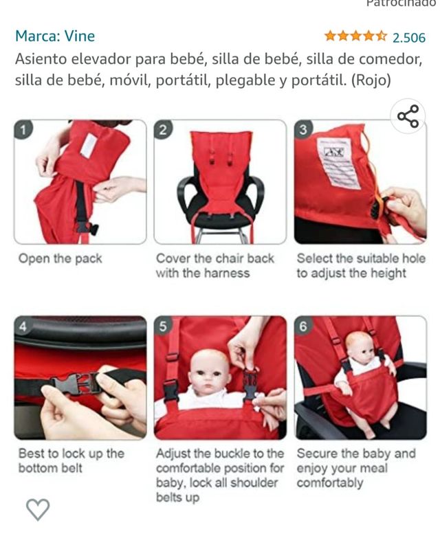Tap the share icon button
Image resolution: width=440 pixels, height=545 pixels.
(408, 116)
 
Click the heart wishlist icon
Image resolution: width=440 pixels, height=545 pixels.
(38, 509)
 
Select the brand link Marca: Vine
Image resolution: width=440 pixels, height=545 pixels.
(55, 36)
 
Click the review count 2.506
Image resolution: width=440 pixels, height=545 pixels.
(408, 38)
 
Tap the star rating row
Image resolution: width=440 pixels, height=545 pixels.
(355, 36)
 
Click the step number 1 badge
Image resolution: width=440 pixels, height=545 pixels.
(23, 130)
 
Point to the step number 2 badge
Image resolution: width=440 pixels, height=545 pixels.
(163, 130)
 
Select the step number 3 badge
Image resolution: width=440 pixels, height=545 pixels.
(303, 130)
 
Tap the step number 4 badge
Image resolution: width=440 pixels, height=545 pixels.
(23, 326)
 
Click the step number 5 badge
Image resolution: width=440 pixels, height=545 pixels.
(163, 326)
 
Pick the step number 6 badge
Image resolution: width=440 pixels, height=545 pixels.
(303, 326)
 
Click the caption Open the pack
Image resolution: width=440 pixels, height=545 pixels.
(60, 258)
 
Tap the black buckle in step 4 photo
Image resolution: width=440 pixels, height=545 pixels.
(76, 383)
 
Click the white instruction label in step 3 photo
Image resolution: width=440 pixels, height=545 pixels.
(339, 162)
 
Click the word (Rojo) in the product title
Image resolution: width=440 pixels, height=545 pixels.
(371, 80)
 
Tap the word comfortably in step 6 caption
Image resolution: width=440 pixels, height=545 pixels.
(330, 482)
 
